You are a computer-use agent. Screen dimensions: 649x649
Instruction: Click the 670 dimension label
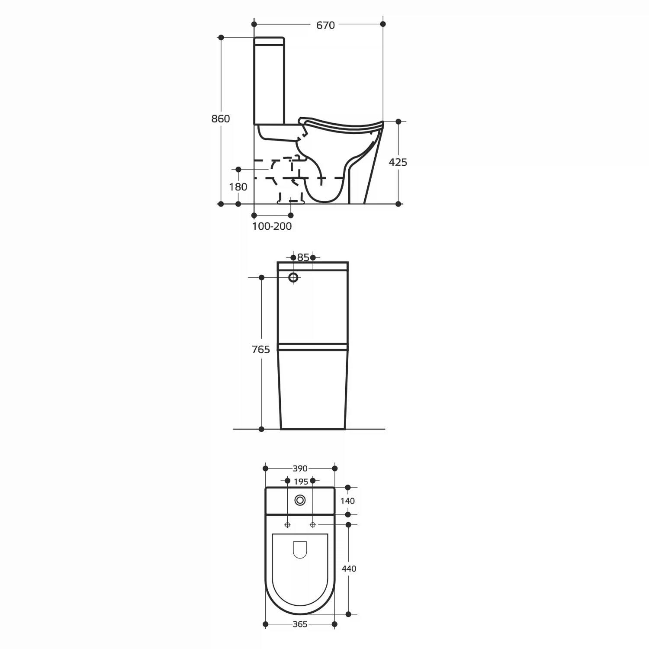coord(325,25)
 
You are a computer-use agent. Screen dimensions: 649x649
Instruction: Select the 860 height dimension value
coord(221,119)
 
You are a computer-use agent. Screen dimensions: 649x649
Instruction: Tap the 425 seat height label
coord(398,162)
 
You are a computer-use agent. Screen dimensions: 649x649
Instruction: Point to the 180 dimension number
coord(238,187)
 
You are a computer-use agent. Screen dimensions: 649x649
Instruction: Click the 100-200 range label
coord(272,226)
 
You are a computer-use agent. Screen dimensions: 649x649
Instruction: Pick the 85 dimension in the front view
coord(303,257)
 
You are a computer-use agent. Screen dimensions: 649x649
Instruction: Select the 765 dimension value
coord(261,349)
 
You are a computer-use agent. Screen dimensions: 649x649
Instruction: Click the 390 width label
coord(300,469)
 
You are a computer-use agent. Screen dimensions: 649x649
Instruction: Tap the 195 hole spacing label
coord(301,482)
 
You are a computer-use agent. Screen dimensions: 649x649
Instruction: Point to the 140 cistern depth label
coord(348,501)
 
